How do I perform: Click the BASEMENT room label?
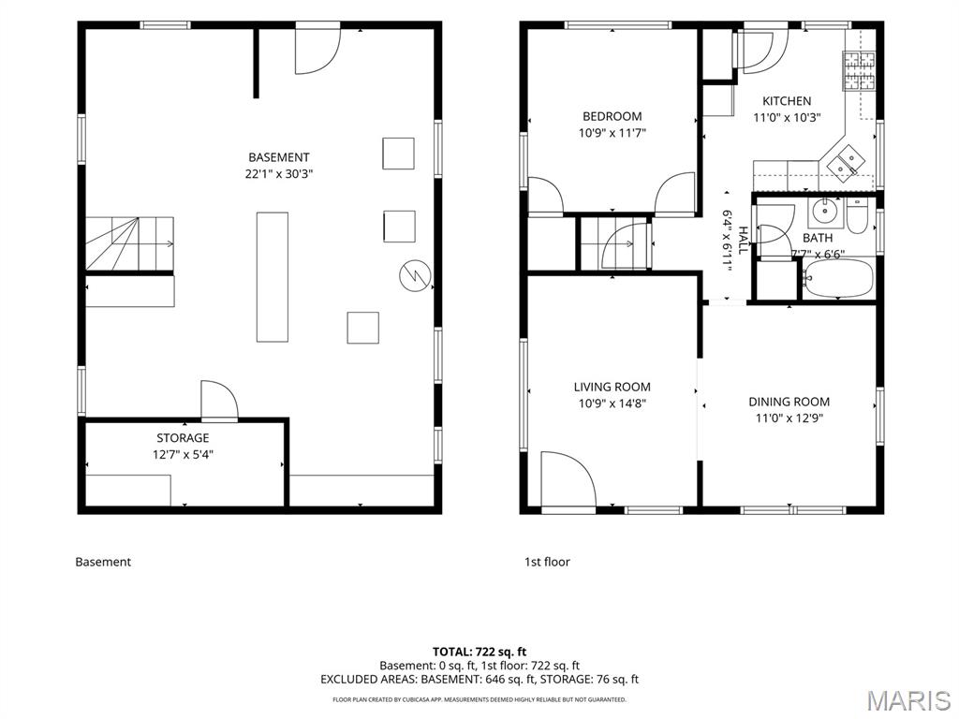[279, 157]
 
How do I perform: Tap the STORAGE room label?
[183, 438]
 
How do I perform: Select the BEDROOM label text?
[612, 116]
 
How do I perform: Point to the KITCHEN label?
[787, 101]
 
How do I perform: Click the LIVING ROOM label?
[612, 387]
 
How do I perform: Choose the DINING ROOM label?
[789, 402]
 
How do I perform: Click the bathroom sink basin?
[826, 212]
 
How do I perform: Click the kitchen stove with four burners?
[860, 71]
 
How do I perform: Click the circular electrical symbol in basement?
[415, 276]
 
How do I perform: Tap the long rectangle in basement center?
[273, 277]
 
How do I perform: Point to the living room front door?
[568, 480]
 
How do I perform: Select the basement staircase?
[129, 243]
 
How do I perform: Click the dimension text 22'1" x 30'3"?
[279, 174]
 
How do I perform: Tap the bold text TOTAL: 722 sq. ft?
[479, 652]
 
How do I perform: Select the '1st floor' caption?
[547, 562]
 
